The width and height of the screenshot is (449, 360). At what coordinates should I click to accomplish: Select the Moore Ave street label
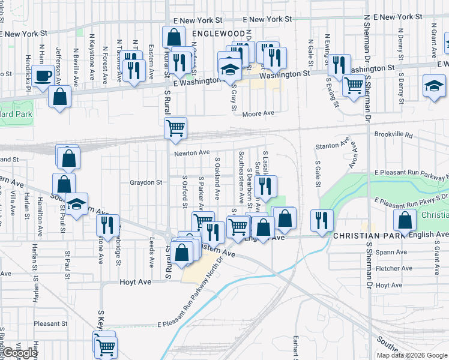pos(259,113)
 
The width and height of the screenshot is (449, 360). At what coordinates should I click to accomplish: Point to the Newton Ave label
pos(191,153)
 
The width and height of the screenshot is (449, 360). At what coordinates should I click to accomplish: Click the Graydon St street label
pos(146,182)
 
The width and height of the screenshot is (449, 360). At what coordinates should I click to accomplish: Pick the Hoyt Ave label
pos(135,281)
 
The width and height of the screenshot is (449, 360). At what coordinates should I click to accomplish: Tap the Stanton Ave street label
pos(332,145)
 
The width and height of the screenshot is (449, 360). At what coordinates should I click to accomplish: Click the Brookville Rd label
pos(392,135)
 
